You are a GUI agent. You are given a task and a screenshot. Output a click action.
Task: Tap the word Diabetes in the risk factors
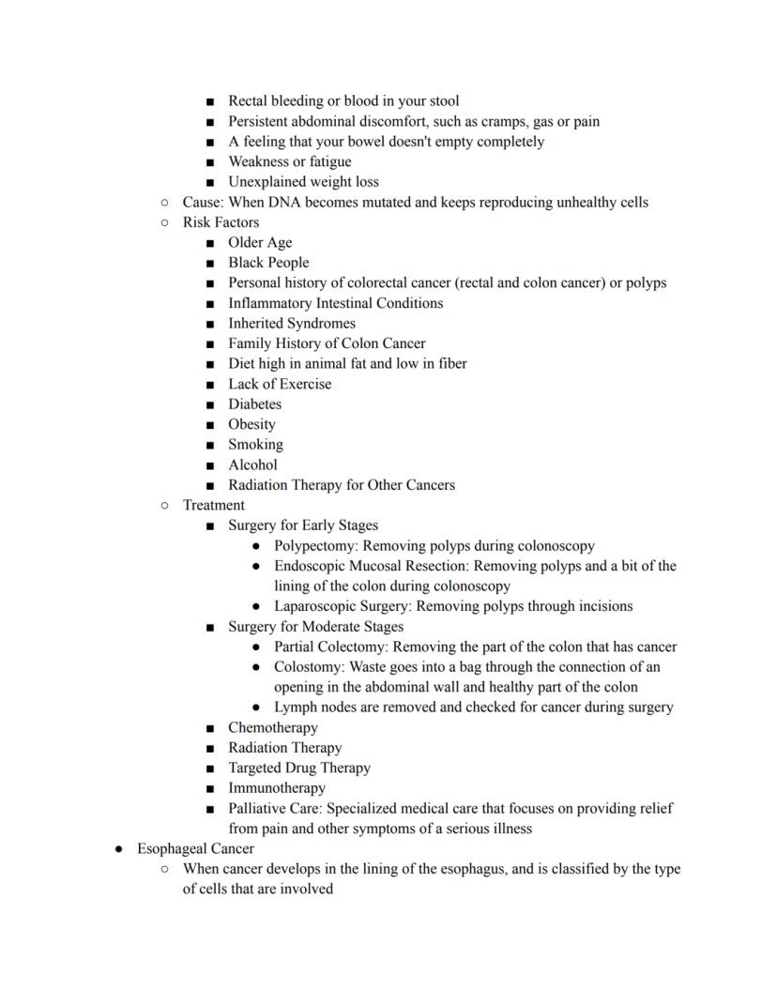(x=254, y=404)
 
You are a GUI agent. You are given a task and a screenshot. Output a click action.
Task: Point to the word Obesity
(x=251, y=424)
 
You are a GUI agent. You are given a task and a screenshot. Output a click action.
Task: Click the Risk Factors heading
(x=221, y=222)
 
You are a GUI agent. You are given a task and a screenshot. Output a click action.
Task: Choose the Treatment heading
(x=213, y=505)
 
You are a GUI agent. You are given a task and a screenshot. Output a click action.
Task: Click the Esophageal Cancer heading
(x=195, y=848)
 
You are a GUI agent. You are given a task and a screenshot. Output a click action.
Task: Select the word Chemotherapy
(x=272, y=727)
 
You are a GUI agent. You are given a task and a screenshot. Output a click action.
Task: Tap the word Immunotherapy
(x=277, y=788)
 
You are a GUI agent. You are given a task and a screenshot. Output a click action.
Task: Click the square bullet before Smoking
(x=210, y=446)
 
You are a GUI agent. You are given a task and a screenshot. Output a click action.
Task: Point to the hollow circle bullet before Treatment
(x=165, y=506)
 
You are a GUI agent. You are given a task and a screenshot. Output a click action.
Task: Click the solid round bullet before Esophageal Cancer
(x=119, y=849)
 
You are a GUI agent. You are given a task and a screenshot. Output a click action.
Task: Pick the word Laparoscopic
(x=318, y=606)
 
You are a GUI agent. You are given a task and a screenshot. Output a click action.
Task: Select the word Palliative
(x=260, y=808)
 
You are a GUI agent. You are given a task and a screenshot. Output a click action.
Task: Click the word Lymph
(x=295, y=707)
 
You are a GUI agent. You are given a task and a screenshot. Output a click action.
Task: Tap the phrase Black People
(x=268, y=263)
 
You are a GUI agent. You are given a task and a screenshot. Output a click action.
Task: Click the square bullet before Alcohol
(x=210, y=465)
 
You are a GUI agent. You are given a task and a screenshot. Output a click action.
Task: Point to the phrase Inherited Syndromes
(x=292, y=323)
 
